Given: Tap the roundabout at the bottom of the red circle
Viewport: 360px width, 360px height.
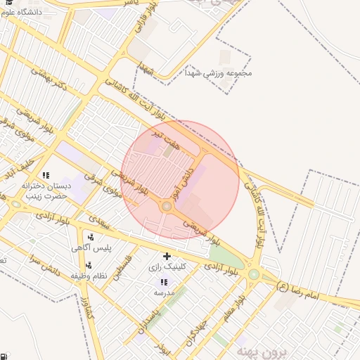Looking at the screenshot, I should [x=167, y=207].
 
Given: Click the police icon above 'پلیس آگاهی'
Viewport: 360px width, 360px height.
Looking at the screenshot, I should [x=91, y=237].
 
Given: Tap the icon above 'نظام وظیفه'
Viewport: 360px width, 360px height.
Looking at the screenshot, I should [x=89, y=265].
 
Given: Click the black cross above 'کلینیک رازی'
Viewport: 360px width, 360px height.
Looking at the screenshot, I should [x=167, y=256].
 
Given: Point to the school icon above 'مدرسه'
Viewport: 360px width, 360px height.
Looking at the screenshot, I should [x=164, y=281].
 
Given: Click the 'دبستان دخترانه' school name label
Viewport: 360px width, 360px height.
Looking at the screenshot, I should [x=46, y=186].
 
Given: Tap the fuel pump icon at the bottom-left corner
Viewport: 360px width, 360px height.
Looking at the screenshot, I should [x=5, y=355].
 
